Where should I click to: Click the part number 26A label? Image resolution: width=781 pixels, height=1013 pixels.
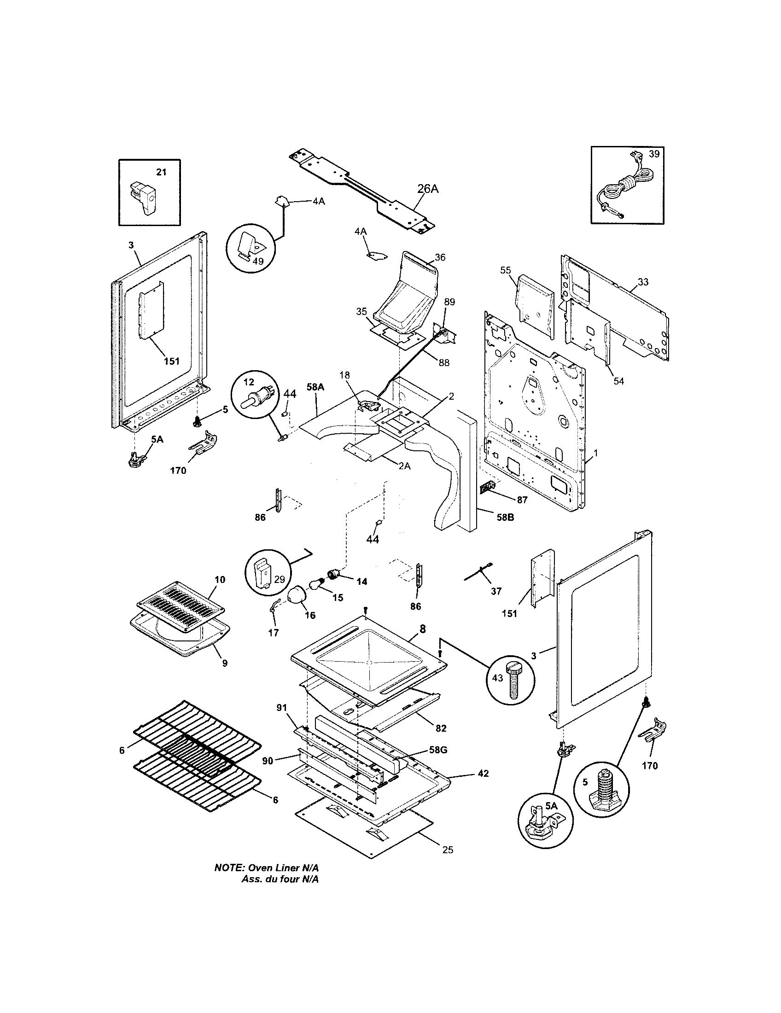428,189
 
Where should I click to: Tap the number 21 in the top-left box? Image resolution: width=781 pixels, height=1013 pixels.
161,172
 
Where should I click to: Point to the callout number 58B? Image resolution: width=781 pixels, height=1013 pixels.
505,517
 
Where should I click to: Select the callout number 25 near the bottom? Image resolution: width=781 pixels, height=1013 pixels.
448,850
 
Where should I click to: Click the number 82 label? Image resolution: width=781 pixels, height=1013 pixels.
441,728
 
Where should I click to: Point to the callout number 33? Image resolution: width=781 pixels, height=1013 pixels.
643,282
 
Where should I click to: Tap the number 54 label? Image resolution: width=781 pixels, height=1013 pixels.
619,381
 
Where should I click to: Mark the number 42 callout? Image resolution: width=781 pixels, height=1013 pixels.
483,773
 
